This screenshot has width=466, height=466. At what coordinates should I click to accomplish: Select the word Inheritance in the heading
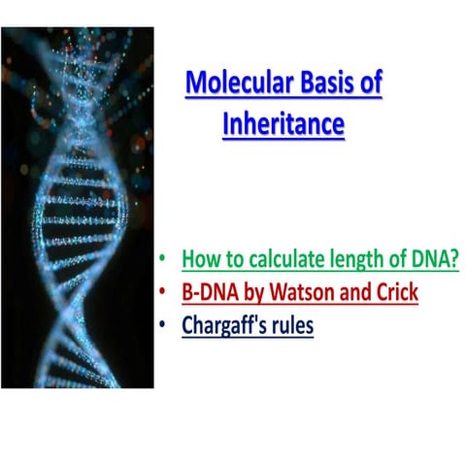point(283,124)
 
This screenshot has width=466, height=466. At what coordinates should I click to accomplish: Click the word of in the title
point(370,83)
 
